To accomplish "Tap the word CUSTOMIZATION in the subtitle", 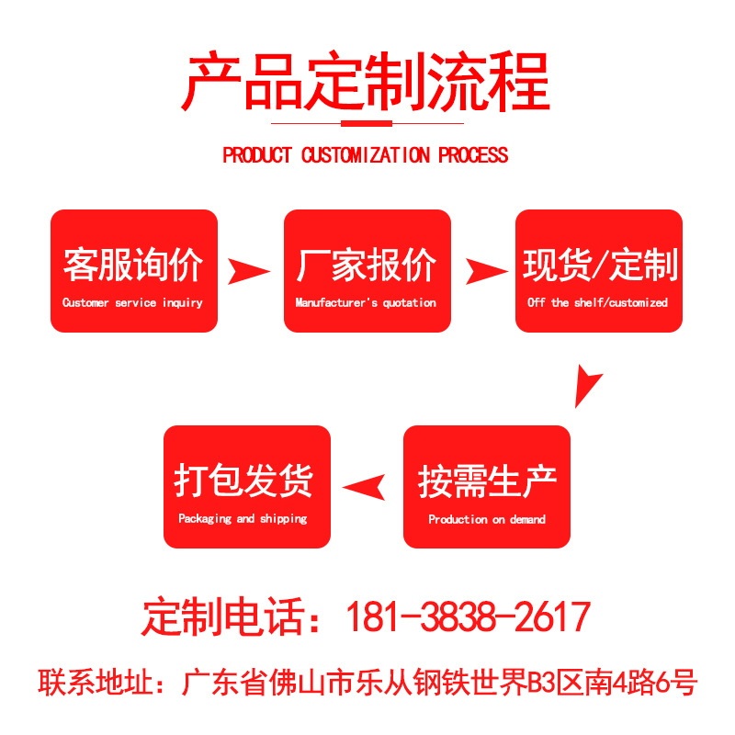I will [x=366, y=155].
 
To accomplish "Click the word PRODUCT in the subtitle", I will [x=256, y=155].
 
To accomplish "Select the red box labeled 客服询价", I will [x=134, y=270].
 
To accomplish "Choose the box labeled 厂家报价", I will [x=367, y=270].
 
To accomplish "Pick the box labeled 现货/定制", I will [x=599, y=270].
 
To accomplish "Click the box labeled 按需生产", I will [x=487, y=487].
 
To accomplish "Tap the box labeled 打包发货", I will [x=246, y=487].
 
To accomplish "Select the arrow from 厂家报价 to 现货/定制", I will [x=484, y=270].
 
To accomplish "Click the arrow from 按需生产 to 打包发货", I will [x=365, y=487].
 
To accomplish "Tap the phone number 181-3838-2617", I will [x=467, y=617].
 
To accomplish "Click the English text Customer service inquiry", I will [x=132, y=302].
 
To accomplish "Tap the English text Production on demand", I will [x=487, y=519].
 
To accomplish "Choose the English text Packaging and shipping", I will [x=243, y=519].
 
